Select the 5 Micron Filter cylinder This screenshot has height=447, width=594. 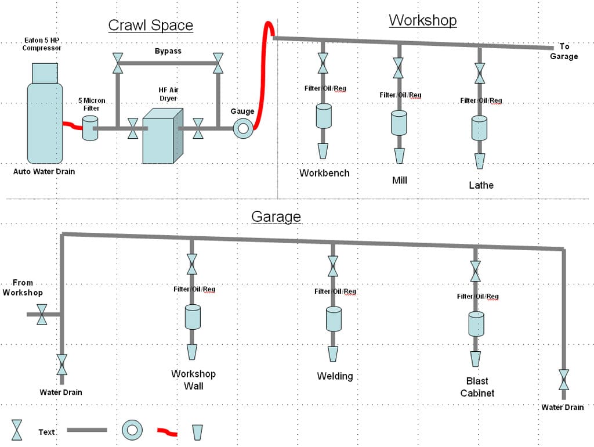click(89, 128)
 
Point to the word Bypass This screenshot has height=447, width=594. click(168, 51)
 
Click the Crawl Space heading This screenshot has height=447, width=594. click(151, 26)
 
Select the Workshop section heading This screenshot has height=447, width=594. click(422, 20)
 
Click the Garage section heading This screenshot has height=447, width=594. click(276, 217)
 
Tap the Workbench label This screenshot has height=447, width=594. click(324, 173)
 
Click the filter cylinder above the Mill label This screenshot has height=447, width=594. click(399, 122)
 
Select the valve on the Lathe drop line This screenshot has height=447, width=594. click(480, 74)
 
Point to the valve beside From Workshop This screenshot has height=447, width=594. click(42, 314)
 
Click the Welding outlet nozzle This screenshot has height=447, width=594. click(333, 354)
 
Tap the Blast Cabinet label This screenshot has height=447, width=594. click(477, 387)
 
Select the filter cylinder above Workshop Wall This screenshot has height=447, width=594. click(192, 317)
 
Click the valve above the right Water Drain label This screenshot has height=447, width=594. click(563, 380)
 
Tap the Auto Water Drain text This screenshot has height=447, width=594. click(44, 172)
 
